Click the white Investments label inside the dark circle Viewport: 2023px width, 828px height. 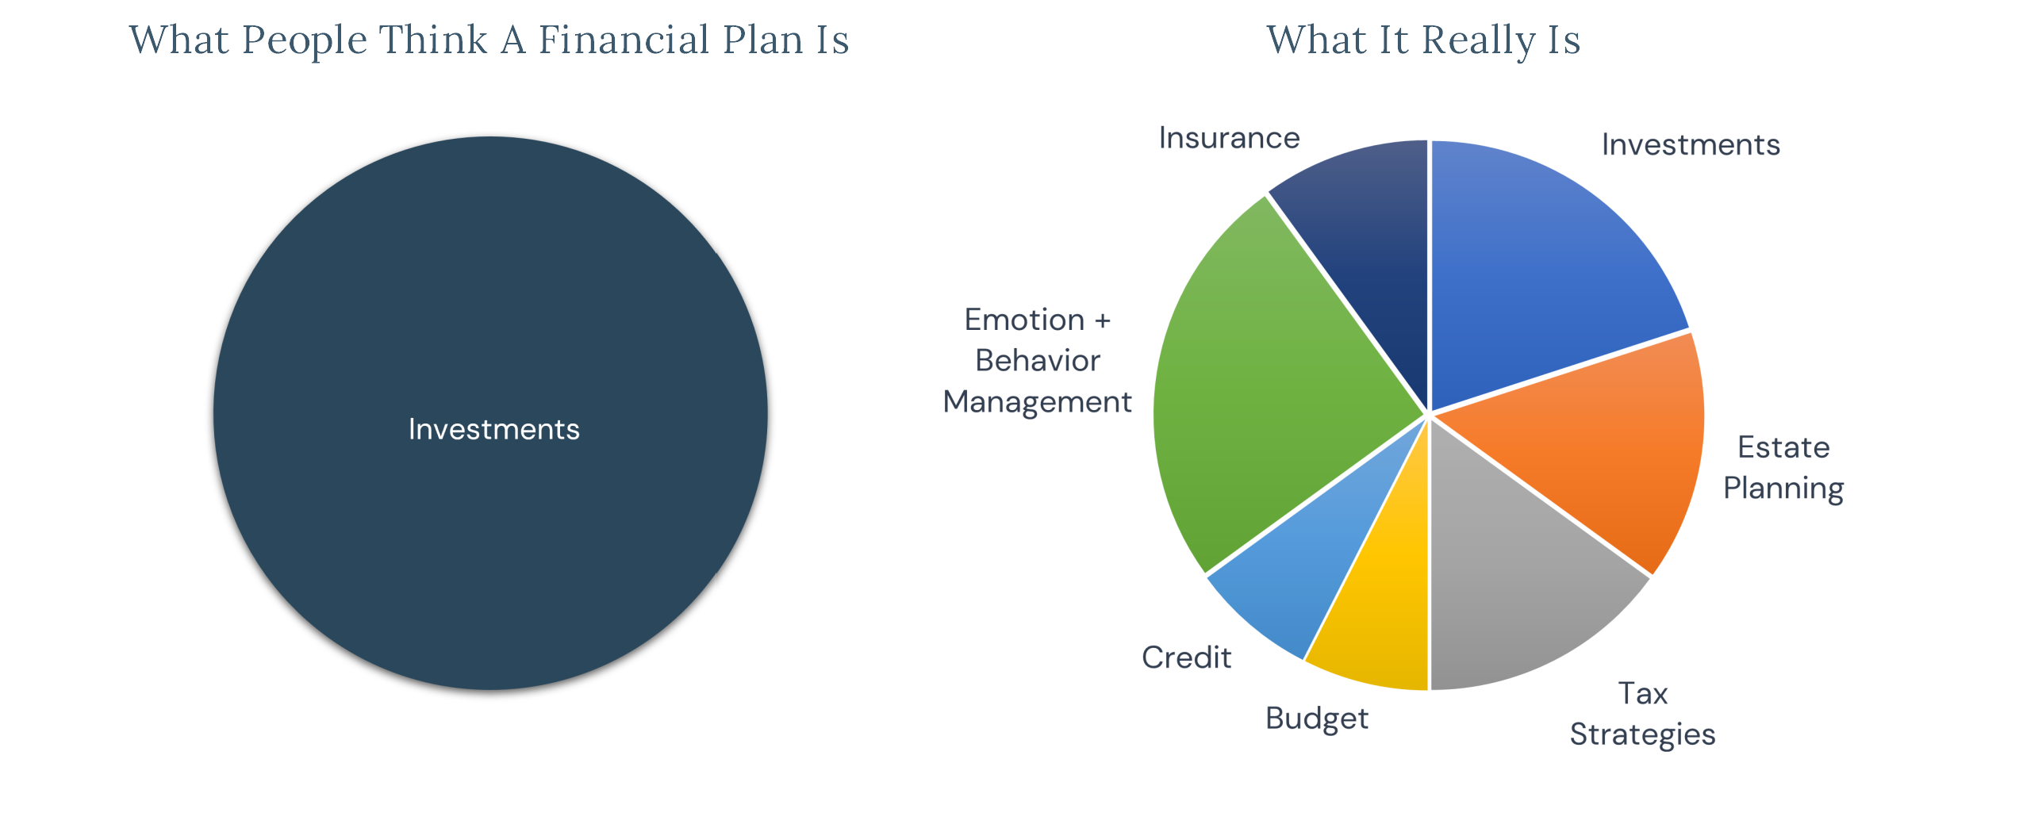tap(493, 429)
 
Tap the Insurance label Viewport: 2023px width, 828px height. tap(1229, 138)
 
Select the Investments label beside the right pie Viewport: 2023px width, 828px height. tap(1691, 144)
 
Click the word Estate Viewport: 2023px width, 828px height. tap(1783, 447)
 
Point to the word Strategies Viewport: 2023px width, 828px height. tap(1642, 735)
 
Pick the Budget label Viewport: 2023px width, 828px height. tap(1316, 719)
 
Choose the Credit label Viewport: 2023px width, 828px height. tap(1186, 657)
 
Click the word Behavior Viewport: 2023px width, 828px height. tap(1038, 361)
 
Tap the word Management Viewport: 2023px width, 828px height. tap(1037, 403)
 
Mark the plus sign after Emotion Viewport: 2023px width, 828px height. tap(1103, 321)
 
